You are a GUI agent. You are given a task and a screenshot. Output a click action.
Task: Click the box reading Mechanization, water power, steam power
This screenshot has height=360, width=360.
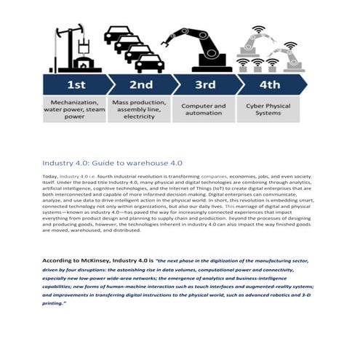pos(76,108)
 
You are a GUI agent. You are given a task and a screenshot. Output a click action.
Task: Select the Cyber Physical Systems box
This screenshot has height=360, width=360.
pos(268,109)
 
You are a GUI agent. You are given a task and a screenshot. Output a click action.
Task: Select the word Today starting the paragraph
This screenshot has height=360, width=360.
pos(49,176)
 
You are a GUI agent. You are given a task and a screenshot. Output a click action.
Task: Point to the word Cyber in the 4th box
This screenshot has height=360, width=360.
pos(255,105)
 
